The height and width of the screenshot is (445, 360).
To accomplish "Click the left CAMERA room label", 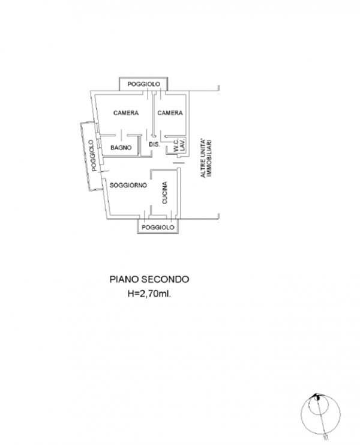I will [x=126, y=112].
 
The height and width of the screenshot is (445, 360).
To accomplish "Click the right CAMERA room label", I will [x=170, y=112].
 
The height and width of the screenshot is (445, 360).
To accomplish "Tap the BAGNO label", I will [x=121, y=148].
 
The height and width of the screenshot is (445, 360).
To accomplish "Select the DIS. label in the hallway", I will [x=154, y=145].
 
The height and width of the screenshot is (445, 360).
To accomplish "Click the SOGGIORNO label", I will [x=128, y=187].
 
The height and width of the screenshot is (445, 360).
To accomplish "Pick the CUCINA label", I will [x=164, y=196].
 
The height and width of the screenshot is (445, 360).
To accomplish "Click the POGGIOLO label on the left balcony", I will [x=91, y=156].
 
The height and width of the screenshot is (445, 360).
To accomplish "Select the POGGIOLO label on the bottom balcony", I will [x=158, y=228].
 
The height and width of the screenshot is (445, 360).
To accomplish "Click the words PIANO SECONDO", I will [x=149, y=279].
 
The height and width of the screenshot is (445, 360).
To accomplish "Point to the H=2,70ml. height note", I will [x=149, y=294].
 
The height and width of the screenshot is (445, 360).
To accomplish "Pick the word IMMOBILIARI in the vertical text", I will [x=211, y=156].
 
